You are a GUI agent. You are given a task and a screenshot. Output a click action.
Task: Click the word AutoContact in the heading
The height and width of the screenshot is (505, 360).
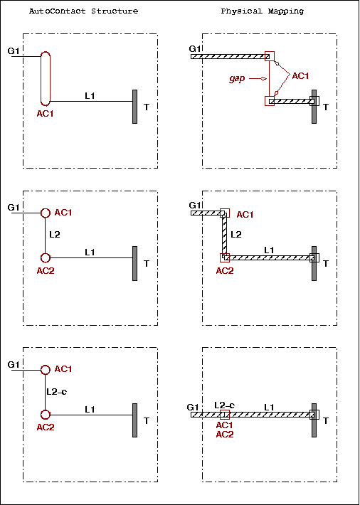click(x=58, y=11)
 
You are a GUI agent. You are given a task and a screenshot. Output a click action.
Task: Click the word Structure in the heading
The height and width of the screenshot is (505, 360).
click(x=115, y=11)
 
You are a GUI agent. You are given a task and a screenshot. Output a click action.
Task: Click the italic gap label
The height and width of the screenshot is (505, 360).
click(x=237, y=79)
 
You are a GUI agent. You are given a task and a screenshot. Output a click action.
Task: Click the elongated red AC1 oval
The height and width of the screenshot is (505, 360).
click(x=46, y=78)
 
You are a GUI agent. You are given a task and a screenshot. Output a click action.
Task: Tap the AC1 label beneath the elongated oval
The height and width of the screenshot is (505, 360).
click(x=45, y=114)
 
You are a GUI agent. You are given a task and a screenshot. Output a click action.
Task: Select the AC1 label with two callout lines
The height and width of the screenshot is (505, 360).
click(x=300, y=76)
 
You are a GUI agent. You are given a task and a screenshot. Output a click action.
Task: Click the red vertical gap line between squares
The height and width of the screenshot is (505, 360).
click(x=270, y=78)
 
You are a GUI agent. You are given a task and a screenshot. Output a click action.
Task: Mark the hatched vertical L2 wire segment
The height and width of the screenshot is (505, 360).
click(x=225, y=235)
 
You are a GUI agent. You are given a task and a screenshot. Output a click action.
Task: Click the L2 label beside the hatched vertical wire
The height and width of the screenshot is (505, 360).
click(x=236, y=235)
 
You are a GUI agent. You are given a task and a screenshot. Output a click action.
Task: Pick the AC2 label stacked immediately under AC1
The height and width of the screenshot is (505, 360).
click(x=224, y=435)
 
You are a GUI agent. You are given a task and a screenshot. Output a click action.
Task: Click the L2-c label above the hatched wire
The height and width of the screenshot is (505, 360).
click(x=224, y=405)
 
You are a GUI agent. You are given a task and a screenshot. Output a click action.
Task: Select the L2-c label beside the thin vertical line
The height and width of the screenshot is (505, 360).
click(x=57, y=392)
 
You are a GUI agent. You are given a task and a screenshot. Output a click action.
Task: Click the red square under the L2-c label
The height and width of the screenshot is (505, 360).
click(x=224, y=415)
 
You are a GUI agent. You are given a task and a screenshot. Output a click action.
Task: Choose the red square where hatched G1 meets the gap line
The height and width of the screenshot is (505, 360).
click(x=270, y=56)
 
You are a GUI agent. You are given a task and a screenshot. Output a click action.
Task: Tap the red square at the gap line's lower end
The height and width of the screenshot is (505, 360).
click(x=270, y=101)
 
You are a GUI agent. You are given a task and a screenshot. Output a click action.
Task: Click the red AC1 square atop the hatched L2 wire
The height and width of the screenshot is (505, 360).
click(x=225, y=213)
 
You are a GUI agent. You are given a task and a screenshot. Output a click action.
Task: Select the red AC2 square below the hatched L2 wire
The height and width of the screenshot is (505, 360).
click(x=225, y=258)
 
